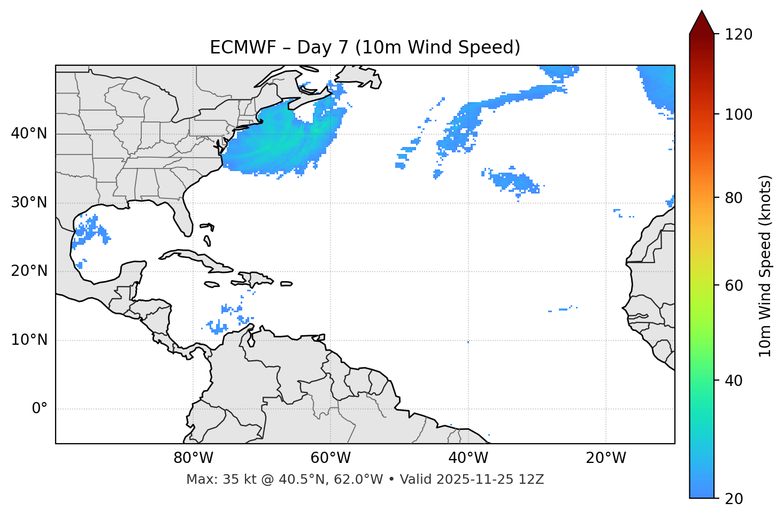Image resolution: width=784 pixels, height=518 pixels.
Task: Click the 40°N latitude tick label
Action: point(29,134)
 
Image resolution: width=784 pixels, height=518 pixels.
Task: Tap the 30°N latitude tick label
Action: point(29,203)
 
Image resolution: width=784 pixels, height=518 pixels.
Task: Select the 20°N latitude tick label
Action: point(29,271)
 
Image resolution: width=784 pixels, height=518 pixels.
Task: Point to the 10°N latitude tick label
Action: point(29,340)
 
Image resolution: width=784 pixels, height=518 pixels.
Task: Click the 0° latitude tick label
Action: point(40,409)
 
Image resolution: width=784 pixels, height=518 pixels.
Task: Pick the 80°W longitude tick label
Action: point(193,458)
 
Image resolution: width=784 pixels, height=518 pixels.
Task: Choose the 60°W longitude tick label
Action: point(330,458)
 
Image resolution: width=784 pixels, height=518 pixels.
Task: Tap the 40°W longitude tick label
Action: point(468,458)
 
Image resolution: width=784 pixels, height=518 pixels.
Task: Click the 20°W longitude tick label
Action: point(605,458)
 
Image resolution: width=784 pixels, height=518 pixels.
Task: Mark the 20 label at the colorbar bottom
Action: point(734,499)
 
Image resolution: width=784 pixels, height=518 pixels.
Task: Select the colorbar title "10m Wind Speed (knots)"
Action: point(765,266)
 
